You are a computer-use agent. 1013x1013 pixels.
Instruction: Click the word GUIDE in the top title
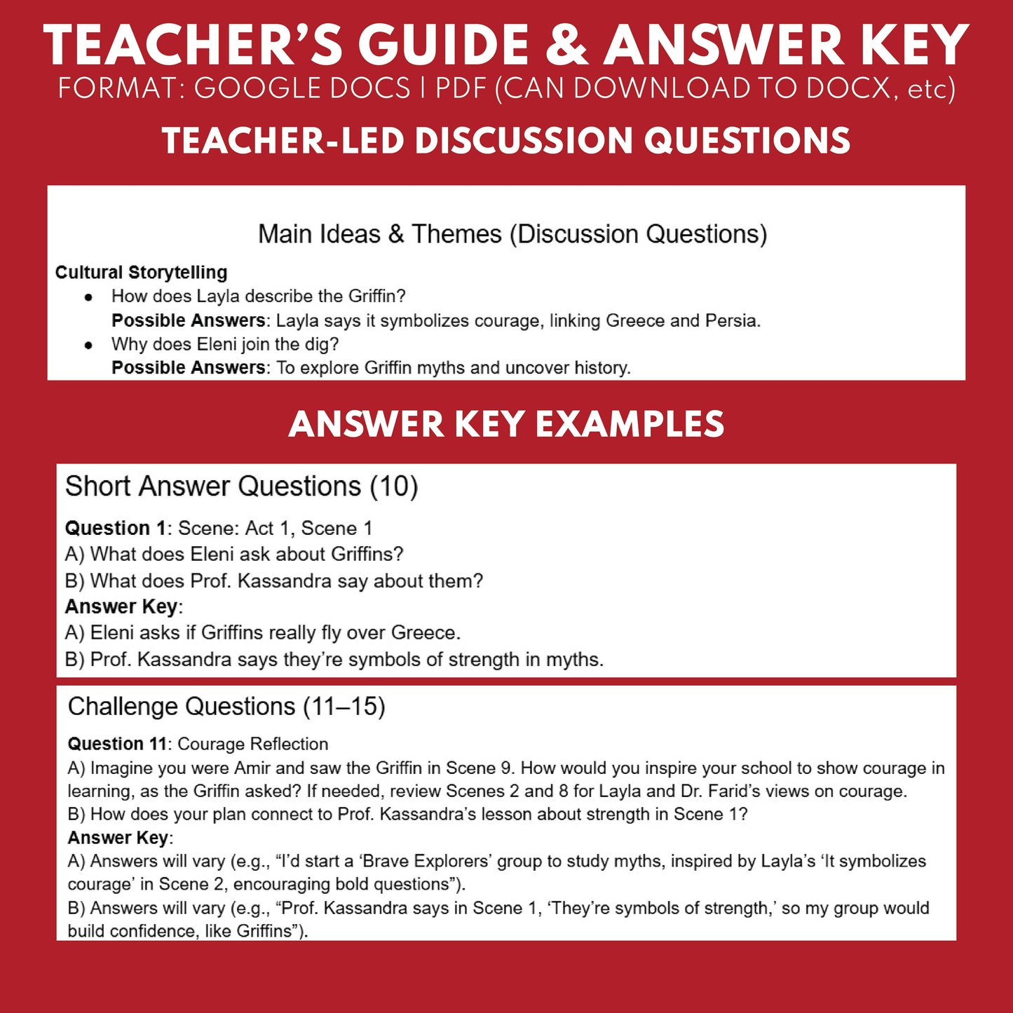444,46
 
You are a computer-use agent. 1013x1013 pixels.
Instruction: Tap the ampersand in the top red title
567,46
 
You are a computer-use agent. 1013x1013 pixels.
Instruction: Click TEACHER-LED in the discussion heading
282,141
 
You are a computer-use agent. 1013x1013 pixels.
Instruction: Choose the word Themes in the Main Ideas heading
456,234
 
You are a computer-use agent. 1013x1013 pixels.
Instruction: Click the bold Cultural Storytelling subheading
141,272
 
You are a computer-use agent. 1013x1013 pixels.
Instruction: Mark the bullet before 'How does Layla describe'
88,297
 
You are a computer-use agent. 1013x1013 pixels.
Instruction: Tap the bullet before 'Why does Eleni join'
88,345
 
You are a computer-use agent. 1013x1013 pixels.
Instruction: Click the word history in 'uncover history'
601,368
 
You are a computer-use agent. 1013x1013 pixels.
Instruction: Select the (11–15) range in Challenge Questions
344,707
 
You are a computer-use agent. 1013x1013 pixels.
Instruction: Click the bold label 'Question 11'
117,744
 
